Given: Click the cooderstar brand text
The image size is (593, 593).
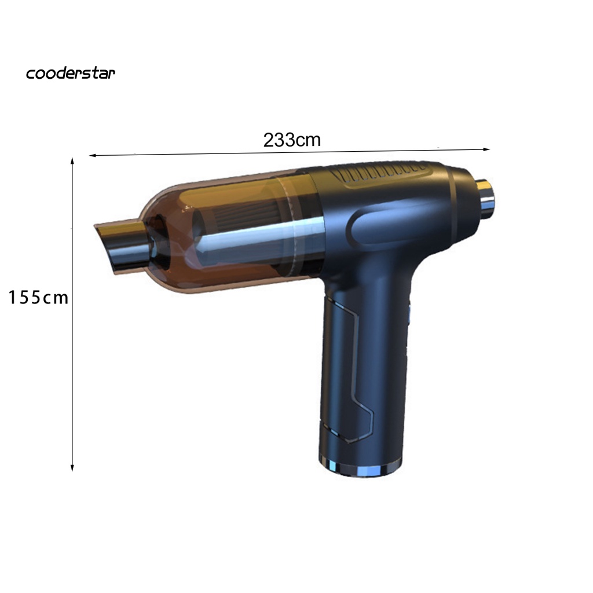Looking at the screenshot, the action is click(70, 73).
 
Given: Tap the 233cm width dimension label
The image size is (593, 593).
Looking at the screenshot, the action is click(292, 140).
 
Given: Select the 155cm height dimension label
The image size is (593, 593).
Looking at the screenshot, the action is click(38, 297).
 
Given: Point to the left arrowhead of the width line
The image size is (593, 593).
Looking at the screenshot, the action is click(92, 155).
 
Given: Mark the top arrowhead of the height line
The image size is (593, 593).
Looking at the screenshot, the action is click(72, 161).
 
